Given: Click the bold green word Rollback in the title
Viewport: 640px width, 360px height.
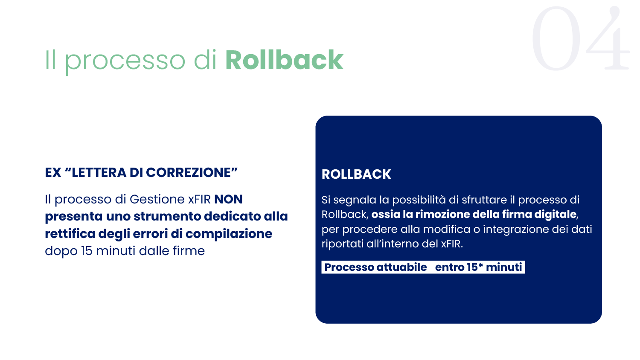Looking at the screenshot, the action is (x=284, y=60).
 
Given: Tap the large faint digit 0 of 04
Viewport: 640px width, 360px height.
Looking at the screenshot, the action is (x=556, y=38).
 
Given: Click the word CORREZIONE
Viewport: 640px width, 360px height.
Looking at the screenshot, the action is (x=189, y=173).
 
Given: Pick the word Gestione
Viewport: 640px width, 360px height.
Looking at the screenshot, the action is (x=157, y=199).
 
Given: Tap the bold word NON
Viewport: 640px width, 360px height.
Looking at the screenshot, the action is (x=228, y=199).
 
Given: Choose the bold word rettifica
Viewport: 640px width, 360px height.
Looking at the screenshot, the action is (x=70, y=234).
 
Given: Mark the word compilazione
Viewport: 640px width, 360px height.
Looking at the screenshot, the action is (x=229, y=234).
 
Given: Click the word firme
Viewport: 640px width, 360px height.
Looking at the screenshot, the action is (x=189, y=251).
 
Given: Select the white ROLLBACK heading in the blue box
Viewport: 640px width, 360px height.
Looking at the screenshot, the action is (x=356, y=174).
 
